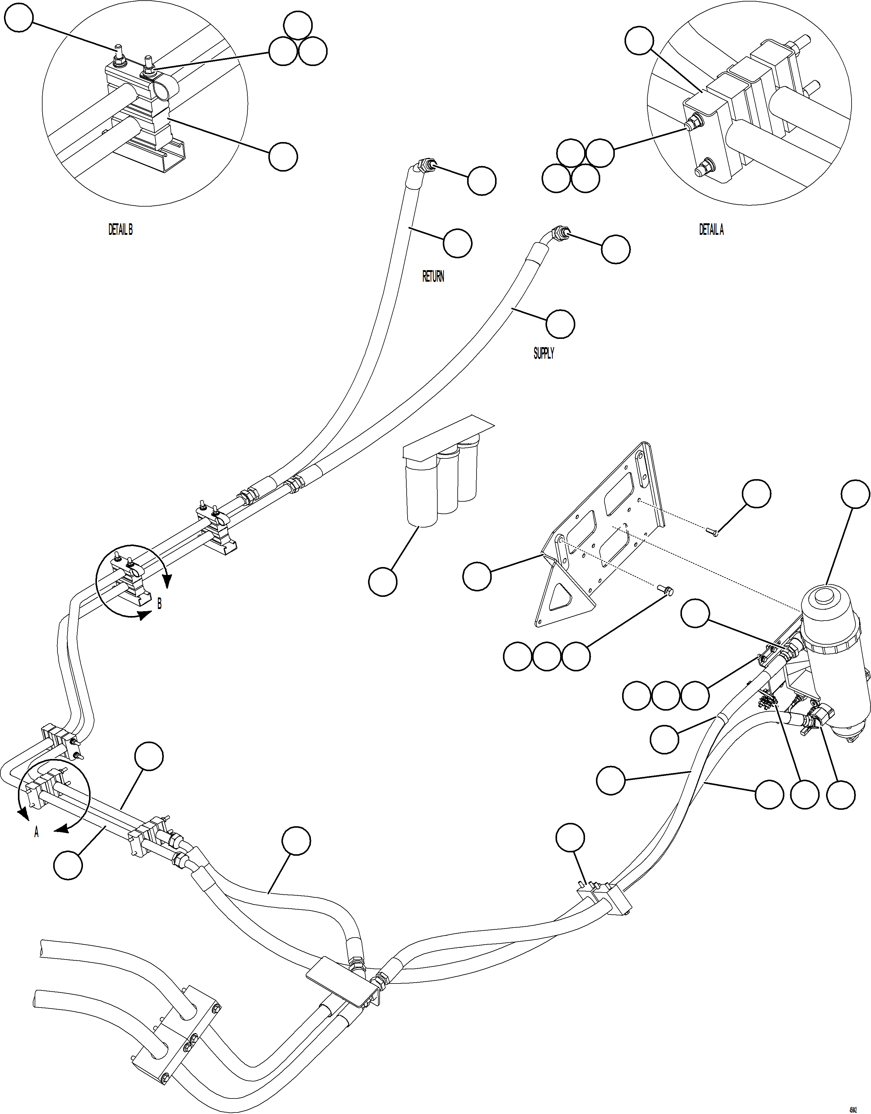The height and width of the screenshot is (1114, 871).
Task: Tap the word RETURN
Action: coord(433,277)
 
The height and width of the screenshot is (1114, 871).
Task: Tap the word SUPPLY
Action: coord(544,353)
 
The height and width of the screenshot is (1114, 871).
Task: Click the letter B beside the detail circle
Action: coord(160,604)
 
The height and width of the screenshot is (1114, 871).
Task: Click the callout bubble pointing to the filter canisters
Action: coord(382,582)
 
